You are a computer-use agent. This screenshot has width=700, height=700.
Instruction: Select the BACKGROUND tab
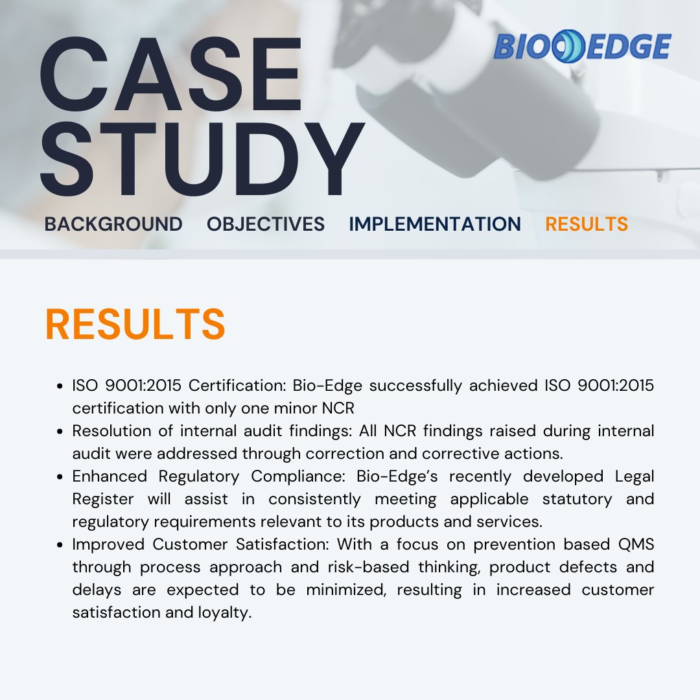(113, 224)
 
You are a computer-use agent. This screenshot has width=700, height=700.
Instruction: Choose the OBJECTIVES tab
(266, 224)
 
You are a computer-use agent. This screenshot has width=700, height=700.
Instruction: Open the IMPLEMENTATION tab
(434, 224)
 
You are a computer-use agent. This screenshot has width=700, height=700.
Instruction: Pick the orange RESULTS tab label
(587, 224)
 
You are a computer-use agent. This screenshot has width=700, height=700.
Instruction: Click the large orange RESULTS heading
(135, 325)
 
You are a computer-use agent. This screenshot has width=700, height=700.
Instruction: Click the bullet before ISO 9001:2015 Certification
(60, 386)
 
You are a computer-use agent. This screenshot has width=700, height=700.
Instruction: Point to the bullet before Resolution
(60, 431)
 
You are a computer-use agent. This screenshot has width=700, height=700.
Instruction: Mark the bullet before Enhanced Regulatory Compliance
(60, 476)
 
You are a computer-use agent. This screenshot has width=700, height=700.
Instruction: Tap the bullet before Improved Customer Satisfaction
(60, 544)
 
